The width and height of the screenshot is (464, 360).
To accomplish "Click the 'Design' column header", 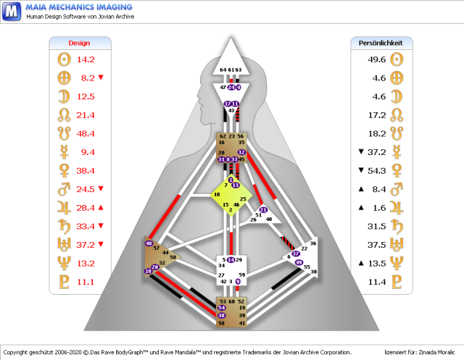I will click(79, 43).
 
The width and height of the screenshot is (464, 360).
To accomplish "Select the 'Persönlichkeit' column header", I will click(381, 43).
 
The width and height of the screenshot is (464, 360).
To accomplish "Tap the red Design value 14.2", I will click(87, 59).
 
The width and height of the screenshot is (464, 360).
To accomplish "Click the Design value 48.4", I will click(87, 134).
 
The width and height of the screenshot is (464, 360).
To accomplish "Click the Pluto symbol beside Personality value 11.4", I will click(397, 281).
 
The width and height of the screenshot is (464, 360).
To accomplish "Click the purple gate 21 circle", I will click(263, 210).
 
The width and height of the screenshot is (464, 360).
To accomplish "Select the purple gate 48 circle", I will click(149, 243).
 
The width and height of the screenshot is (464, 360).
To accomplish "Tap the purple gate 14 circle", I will click(231, 259).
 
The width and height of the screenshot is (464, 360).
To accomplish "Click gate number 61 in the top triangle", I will click(231, 70).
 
